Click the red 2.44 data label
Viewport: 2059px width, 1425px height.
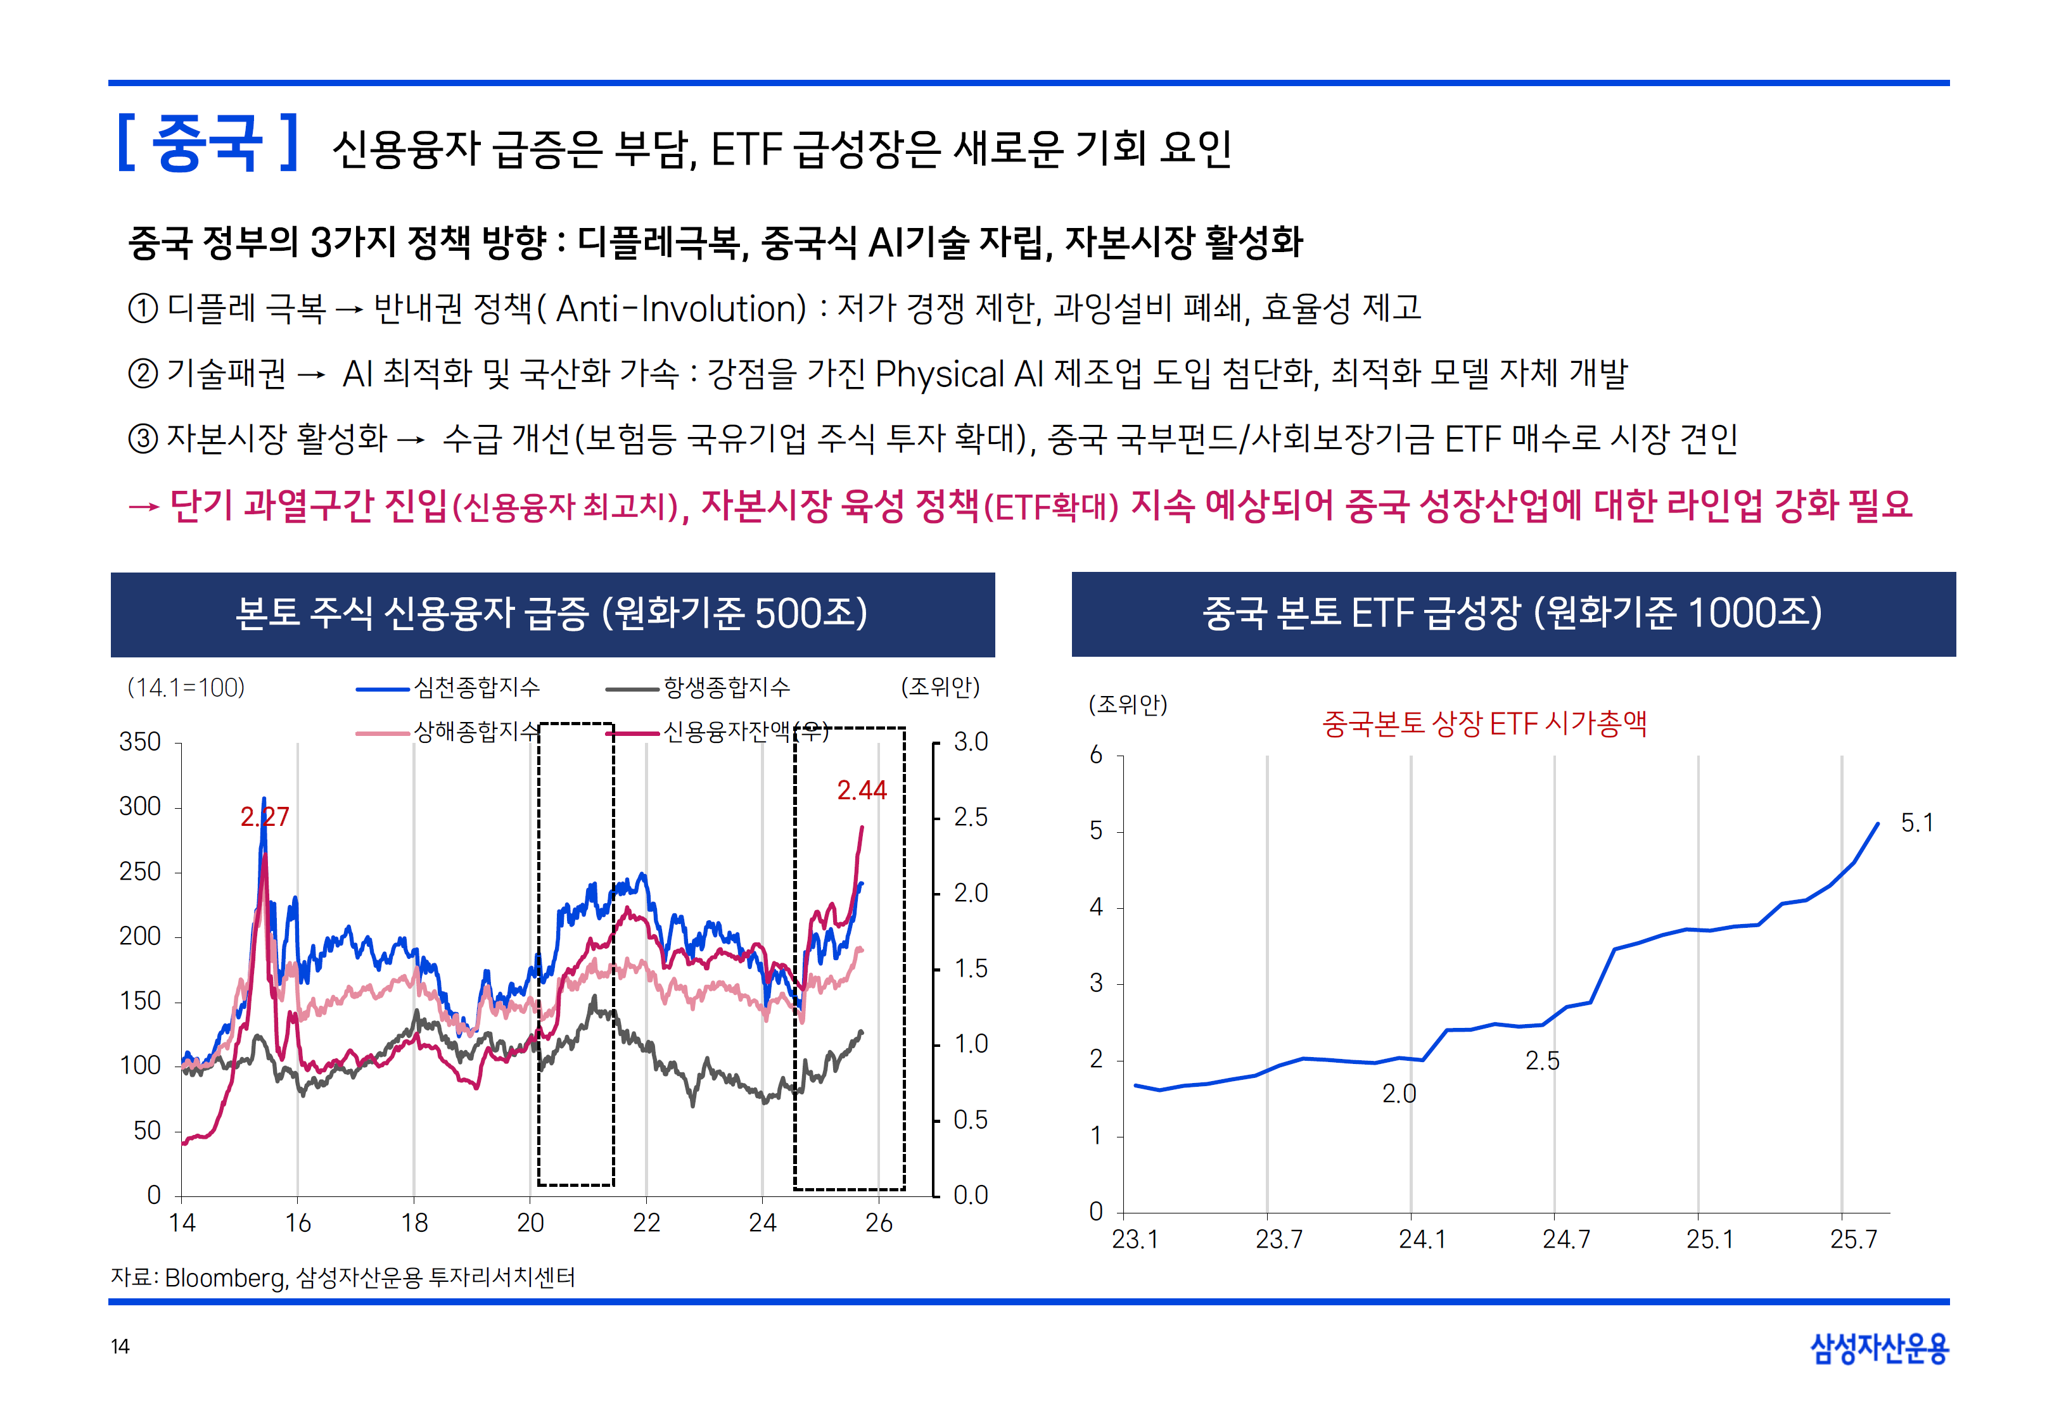click(x=861, y=790)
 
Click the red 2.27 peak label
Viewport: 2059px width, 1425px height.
click(x=264, y=817)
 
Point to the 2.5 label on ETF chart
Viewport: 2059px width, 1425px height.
click(x=1542, y=1061)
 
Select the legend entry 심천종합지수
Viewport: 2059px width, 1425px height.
click(x=477, y=688)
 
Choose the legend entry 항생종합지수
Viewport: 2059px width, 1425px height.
click(x=726, y=688)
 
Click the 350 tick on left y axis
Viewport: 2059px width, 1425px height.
click(x=140, y=742)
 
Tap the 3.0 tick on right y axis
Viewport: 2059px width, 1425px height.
click(x=971, y=742)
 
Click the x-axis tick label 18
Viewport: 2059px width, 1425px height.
click(x=414, y=1223)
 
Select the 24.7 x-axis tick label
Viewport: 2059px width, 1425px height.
click(x=1565, y=1239)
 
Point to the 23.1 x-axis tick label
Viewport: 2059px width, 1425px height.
click(x=1134, y=1239)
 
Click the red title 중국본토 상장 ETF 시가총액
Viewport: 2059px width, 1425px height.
click(x=1484, y=723)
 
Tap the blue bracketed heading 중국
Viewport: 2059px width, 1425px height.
click(x=207, y=143)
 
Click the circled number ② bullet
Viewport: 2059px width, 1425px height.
click(x=143, y=373)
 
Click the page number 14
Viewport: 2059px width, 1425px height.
click(x=120, y=1346)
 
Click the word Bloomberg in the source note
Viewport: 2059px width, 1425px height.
click(x=225, y=1277)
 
